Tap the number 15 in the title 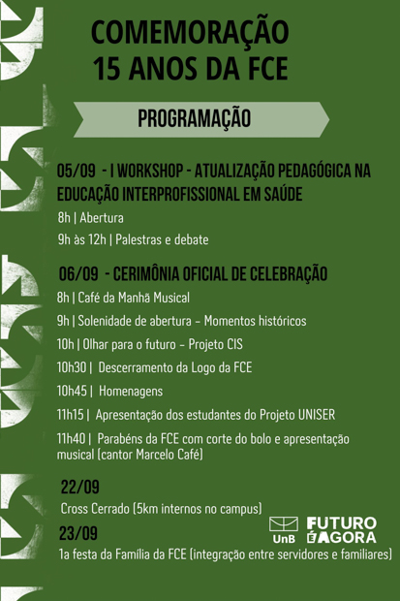point(107,68)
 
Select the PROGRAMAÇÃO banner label point(195,118)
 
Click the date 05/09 point(76,171)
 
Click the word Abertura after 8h point(102,218)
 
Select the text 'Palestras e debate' point(162,239)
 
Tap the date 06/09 point(78,273)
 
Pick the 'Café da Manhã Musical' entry point(134,298)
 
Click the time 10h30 point(72,367)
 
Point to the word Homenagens point(131,391)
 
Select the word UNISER point(317,414)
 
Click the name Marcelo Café point(168,455)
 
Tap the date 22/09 point(80,487)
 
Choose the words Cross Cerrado point(95,509)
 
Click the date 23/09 point(78,533)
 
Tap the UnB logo point(284,529)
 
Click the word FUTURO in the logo point(342,523)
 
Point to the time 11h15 point(70,414)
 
